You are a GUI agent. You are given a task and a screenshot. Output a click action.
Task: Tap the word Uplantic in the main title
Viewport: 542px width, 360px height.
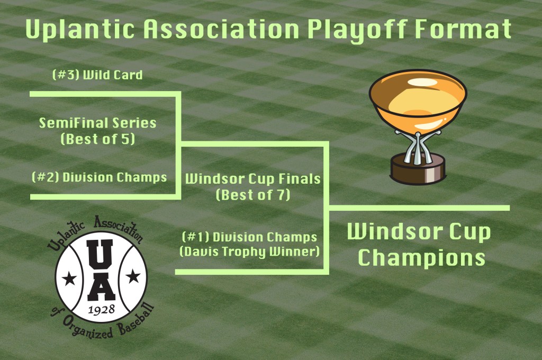(x=80, y=29)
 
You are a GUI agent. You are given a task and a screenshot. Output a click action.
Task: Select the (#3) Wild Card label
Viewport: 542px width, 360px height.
(x=97, y=75)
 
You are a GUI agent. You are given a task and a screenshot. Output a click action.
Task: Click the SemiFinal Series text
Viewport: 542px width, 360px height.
(x=97, y=123)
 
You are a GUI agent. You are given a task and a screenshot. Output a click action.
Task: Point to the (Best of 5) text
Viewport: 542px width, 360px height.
(x=97, y=139)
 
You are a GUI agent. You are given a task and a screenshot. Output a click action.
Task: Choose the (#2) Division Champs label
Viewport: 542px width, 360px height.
(x=99, y=177)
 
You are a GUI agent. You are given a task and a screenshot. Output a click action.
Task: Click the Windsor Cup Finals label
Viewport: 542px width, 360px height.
(x=253, y=179)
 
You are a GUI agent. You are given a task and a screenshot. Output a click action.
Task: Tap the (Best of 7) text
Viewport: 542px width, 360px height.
(x=253, y=195)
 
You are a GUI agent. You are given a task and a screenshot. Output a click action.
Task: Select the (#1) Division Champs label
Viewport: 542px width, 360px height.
(x=250, y=237)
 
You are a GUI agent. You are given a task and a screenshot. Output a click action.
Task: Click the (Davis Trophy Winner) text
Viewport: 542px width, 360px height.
(x=250, y=252)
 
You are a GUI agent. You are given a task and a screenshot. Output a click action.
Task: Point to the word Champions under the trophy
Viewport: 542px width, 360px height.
(x=421, y=258)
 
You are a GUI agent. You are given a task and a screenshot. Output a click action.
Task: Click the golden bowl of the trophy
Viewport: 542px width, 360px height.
(x=418, y=100)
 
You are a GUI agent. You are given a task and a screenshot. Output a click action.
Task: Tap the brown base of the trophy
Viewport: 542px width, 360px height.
(x=418, y=169)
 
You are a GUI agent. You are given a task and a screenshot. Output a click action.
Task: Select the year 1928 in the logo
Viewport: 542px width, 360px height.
(x=101, y=309)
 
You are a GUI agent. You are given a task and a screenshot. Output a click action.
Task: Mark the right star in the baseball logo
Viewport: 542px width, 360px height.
(x=133, y=276)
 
